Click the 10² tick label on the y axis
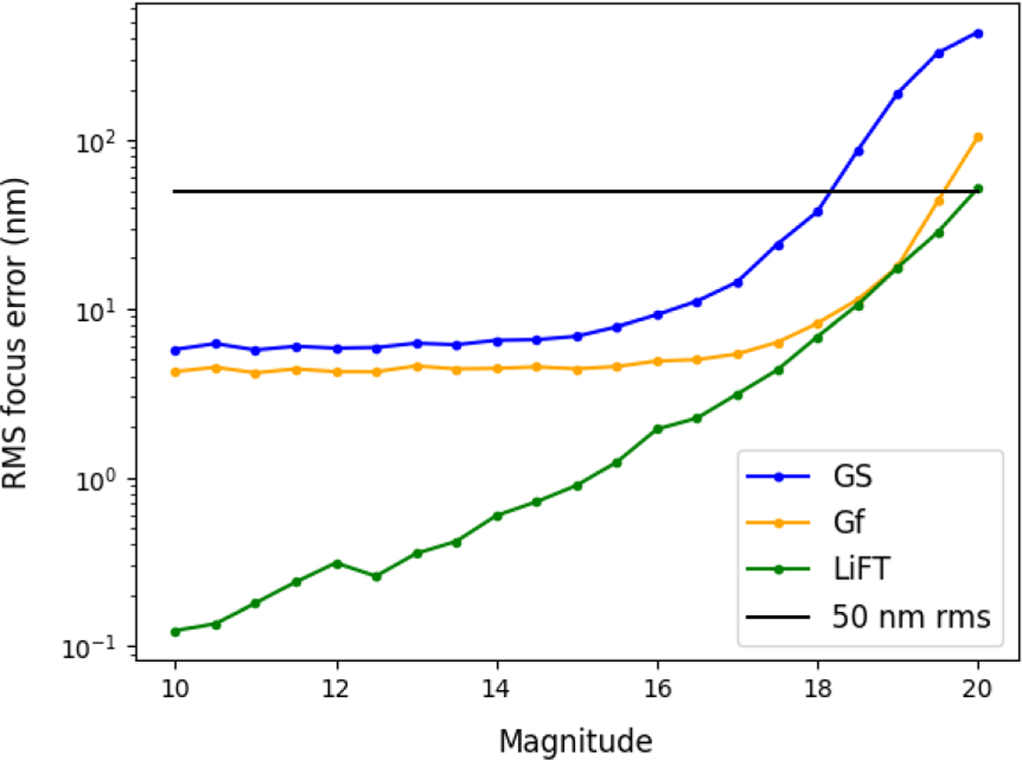[107, 141]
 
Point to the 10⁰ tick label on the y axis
[107, 479]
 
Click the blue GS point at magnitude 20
[979, 33]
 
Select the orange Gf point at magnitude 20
[979, 137]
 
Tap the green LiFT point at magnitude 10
[175, 631]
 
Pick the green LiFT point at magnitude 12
[337, 563]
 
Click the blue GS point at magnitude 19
[898, 94]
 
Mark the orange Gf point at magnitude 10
[175, 371]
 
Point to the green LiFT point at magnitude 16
[657, 429]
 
